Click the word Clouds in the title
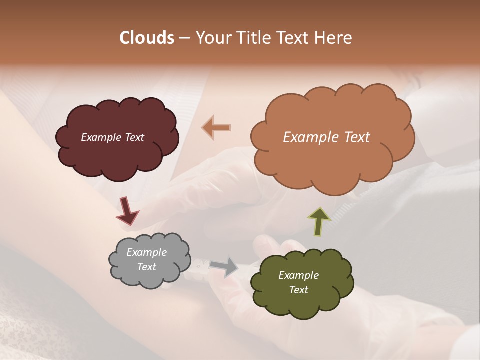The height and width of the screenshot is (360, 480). click(147, 38)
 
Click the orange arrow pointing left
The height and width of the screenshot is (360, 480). click(216, 127)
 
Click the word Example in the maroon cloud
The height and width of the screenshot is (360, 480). click(100, 137)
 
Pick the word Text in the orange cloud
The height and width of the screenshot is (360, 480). click(356, 137)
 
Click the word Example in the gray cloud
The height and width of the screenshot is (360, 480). click(146, 252)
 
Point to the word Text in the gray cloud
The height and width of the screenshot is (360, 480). click(146, 267)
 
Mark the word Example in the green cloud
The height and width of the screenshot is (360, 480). click(298, 275)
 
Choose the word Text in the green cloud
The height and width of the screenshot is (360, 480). click(298, 290)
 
